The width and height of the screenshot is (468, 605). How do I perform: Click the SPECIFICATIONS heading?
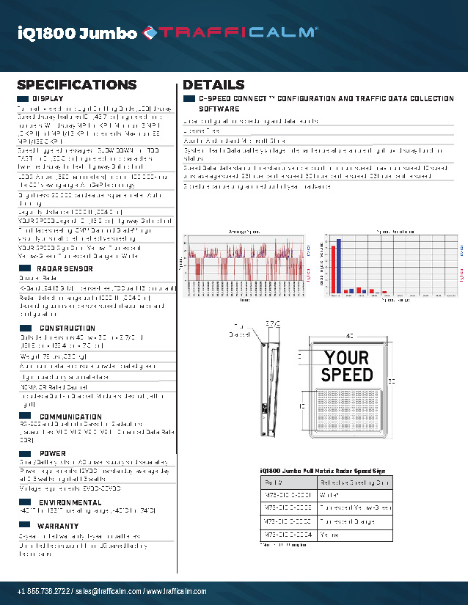point(76,85)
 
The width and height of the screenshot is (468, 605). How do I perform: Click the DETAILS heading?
point(213,85)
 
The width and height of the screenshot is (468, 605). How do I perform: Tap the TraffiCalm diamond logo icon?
point(150,32)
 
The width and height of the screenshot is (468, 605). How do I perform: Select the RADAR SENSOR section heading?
point(65,269)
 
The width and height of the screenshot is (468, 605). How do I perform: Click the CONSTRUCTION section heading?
point(67,328)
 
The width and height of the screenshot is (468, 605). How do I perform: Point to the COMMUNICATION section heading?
point(70,417)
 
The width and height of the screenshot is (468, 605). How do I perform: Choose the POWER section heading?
point(52,453)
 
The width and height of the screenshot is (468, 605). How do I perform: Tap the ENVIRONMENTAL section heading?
point(70,502)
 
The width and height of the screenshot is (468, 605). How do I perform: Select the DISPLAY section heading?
point(48,98)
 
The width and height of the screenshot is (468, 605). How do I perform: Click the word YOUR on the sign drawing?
point(347,358)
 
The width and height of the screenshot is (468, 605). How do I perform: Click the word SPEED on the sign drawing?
point(347,375)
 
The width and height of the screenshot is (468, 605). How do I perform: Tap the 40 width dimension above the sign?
point(349,334)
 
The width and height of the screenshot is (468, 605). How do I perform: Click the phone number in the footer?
point(45,592)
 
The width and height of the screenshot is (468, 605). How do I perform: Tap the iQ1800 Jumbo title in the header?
point(76,33)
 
